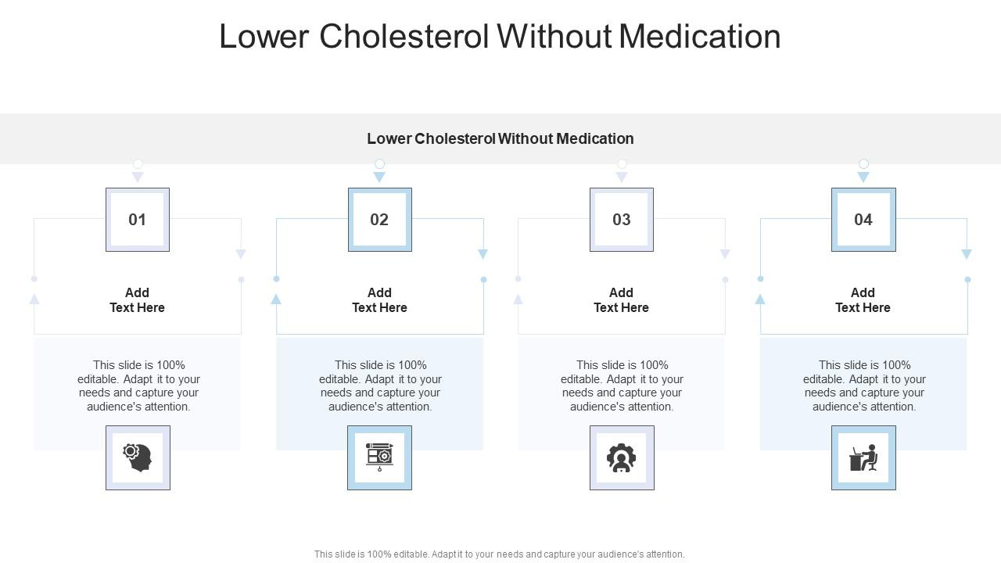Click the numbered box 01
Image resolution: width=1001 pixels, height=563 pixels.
[138, 220]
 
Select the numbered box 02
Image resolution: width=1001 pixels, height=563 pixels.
[379, 220]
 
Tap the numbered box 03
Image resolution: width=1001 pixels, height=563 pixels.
[621, 220]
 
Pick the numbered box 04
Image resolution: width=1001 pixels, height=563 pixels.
[863, 220]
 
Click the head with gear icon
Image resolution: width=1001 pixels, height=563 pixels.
[138, 457]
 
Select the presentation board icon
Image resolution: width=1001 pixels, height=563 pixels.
[379, 457]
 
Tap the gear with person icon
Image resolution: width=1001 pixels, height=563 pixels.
[621, 457]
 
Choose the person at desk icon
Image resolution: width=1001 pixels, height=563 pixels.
[863, 457]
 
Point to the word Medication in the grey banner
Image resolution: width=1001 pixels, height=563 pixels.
[594, 138]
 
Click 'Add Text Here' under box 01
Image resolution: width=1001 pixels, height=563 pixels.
[138, 300]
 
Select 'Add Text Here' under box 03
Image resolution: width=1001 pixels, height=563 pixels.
[621, 300]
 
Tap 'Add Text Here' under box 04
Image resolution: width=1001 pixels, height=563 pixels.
[863, 300]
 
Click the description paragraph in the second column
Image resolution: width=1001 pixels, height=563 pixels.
[379, 385]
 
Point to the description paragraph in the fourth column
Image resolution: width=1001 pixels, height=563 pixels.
[863, 385]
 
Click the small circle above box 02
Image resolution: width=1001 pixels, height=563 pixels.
[379, 163]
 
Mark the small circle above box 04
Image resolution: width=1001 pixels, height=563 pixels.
[863, 163]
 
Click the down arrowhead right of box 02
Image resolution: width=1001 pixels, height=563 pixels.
[483, 254]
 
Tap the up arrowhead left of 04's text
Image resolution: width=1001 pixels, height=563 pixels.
[760, 299]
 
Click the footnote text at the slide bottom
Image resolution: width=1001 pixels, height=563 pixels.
[499, 554]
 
